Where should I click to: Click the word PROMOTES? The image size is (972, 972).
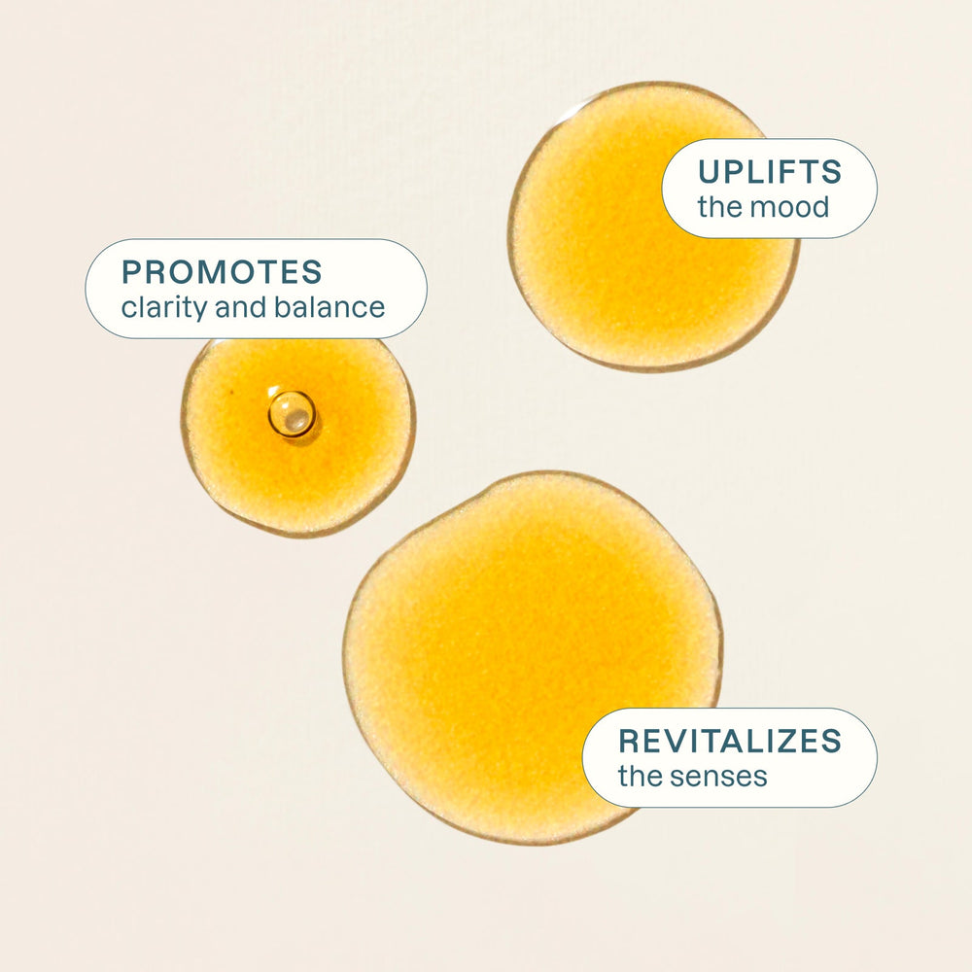pyautogui.click(x=222, y=272)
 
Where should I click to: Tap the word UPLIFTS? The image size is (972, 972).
pyautogui.click(x=769, y=172)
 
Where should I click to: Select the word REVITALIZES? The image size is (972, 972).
pyautogui.click(x=730, y=741)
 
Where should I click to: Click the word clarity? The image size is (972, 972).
pyautogui.click(x=163, y=308)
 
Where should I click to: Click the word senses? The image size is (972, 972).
pyautogui.click(x=720, y=777)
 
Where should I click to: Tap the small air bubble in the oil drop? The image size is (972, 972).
pyautogui.click(x=292, y=413)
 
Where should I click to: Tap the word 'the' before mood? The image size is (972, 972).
pyautogui.click(x=717, y=206)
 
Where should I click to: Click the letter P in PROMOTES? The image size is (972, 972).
pyautogui.click(x=131, y=272)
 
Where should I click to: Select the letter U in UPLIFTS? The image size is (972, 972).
pyautogui.click(x=710, y=172)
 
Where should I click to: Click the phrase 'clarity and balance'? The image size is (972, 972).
pyautogui.click(x=253, y=308)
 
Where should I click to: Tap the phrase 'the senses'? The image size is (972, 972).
pyautogui.click(x=692, y=777)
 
